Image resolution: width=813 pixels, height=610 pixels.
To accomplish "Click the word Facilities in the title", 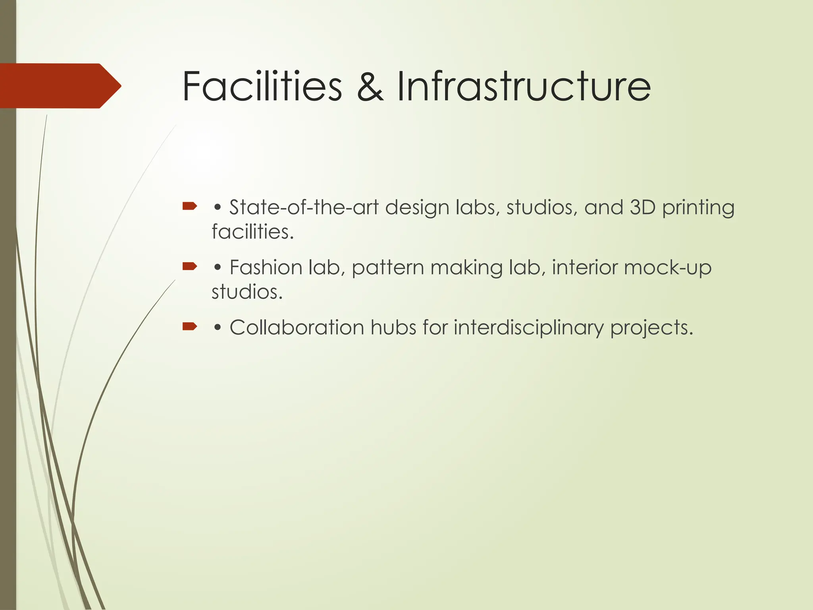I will coord(262,86).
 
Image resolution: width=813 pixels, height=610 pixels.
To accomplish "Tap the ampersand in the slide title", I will coord(370,86).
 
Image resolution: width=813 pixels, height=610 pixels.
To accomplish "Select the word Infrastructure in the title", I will coord(524,86).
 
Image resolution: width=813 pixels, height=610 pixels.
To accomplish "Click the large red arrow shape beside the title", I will coord(60,86).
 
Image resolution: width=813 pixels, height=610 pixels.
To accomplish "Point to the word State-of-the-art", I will coord(304,207).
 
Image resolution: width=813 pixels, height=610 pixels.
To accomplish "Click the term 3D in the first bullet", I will coord(642,207).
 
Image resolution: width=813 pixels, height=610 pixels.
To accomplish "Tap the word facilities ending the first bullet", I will coord(252,232).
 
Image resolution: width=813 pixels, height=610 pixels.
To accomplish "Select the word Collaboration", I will coord(297,328).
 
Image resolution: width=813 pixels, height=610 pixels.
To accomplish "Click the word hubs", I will coord(393,328).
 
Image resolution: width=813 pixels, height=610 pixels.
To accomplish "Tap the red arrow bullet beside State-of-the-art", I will coord(190,206).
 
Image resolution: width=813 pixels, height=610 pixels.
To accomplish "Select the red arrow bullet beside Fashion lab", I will coord(190,266).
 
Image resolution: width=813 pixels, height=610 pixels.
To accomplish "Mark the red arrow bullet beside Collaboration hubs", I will coord(190,326).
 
